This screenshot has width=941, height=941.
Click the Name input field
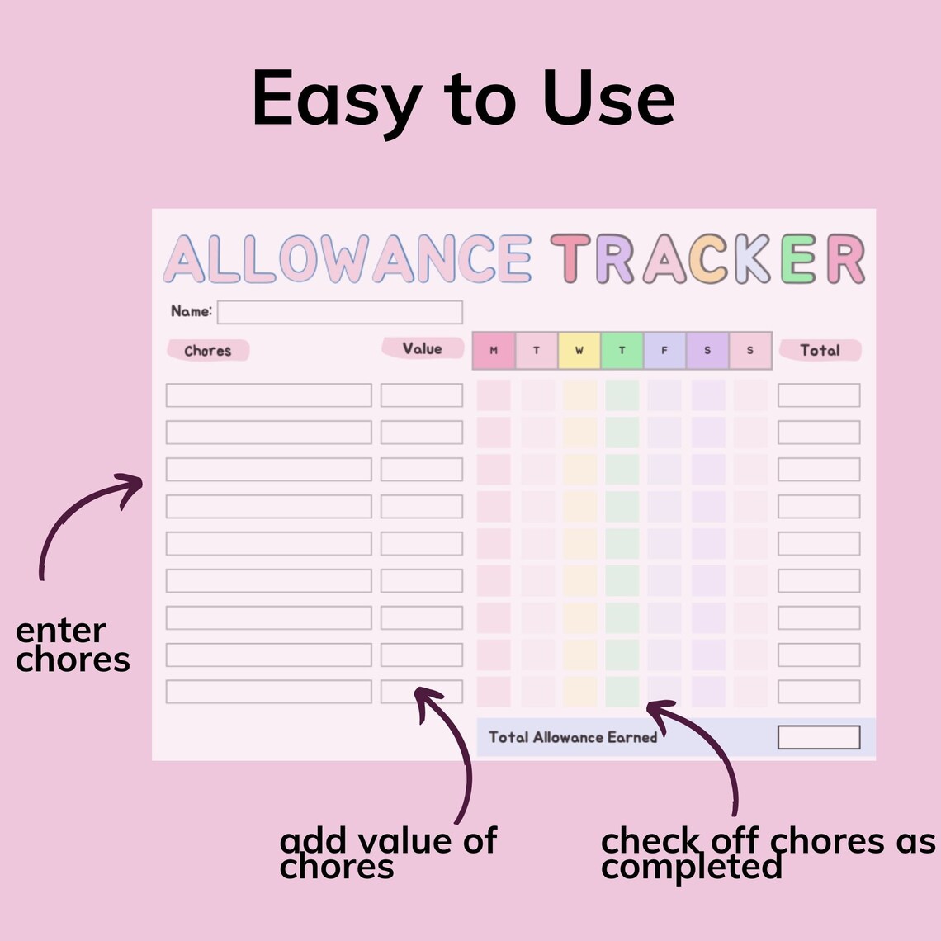339,312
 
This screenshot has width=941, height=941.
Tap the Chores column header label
207,351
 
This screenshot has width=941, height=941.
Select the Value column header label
422,348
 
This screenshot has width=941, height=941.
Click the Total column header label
820,350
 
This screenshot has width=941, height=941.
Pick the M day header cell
494,351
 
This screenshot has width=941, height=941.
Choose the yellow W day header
579,351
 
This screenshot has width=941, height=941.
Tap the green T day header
622,351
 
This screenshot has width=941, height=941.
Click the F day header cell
664,351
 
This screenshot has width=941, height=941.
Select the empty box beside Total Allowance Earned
818,737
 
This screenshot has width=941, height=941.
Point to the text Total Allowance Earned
573,737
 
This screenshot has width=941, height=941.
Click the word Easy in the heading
335,99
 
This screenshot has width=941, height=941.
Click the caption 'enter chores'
73,645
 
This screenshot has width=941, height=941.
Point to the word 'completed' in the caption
691,867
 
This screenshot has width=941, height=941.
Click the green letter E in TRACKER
798,259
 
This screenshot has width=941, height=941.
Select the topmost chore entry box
268,395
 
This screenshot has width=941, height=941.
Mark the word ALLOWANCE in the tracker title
348,259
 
